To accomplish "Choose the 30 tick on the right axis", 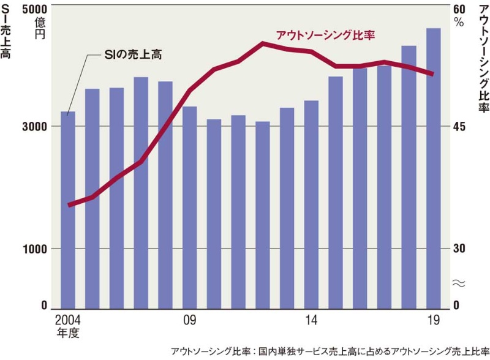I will click(460, 249).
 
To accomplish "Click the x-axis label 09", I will click(189, 320).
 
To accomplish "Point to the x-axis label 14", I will click(311, 320).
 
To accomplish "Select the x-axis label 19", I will click(433, 320).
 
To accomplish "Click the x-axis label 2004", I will click(67, 320).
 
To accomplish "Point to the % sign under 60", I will click(459, 22).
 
